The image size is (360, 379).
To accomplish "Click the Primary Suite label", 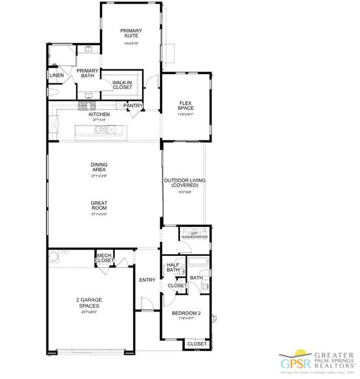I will point(130,33).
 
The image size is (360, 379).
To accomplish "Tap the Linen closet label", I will point(57,75).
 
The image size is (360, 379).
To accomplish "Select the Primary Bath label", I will point(87,74).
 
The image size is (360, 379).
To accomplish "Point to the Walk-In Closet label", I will point(122,85).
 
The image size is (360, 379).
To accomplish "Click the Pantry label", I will point(133,106).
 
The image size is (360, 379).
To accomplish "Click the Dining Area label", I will point(99,168).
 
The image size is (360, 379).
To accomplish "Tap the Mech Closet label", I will point(105,258).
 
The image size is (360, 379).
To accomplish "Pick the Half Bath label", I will point(173,268).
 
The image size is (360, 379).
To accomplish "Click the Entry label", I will point(146,280).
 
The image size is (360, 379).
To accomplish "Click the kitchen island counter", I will point(98,130).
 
